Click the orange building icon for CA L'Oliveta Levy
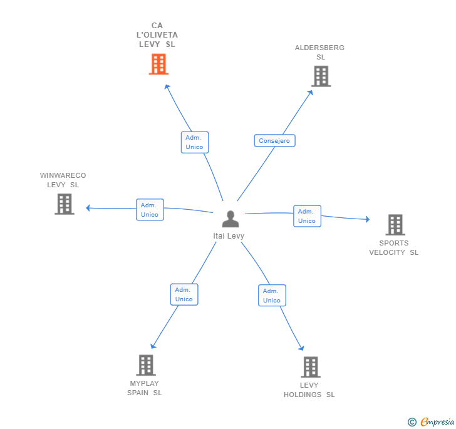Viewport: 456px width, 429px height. coord(158,64)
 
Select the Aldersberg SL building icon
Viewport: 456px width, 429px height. coord(321,76)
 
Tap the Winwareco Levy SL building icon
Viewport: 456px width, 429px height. coord(64,204)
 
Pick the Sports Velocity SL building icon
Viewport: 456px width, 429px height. coord(395,225)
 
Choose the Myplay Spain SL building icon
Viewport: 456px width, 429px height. coord(145,365)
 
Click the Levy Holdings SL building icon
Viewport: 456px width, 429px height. coord(310,367)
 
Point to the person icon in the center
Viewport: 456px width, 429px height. coord(231,219)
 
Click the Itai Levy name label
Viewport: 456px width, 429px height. coord(229,236)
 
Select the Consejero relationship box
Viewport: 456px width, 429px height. coord(274,141)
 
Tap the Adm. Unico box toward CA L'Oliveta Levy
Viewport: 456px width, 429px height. coord(194,142)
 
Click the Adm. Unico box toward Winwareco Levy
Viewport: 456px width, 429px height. coord(150,210)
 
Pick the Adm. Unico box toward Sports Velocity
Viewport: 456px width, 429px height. coord(307,216)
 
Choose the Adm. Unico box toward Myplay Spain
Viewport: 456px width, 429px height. coord(184,294)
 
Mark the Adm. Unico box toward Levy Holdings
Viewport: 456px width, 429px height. coord(272,296)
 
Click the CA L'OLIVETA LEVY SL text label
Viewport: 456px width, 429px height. coord(157,35)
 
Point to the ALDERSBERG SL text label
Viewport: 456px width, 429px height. coord(320,52)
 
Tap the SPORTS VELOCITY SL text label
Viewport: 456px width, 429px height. coord(393,248)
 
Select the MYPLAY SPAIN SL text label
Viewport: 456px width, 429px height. coord(145,388)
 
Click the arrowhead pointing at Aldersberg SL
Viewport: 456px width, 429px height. coord(311,93)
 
